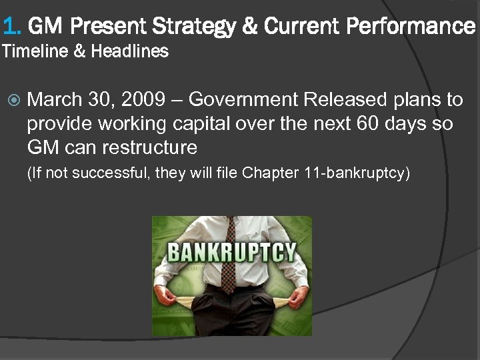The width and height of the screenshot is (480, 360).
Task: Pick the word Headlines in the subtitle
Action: [130, 51]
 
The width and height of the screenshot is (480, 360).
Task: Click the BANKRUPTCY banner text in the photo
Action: [231, 253]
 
